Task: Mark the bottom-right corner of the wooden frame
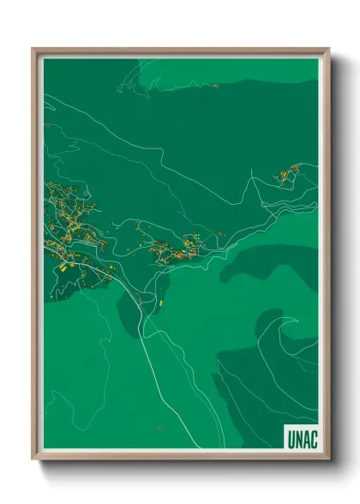pyautogui.click(x=328, y=460)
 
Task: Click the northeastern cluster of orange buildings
pyautogui.click(x=286, y=175)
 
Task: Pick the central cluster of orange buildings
pyautogui.click(x=171, y=249)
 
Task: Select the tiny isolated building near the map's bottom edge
pyautogui.click(x=159, y=428)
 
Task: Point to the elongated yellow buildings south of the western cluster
pyautogui.click(x=69, y=267)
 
